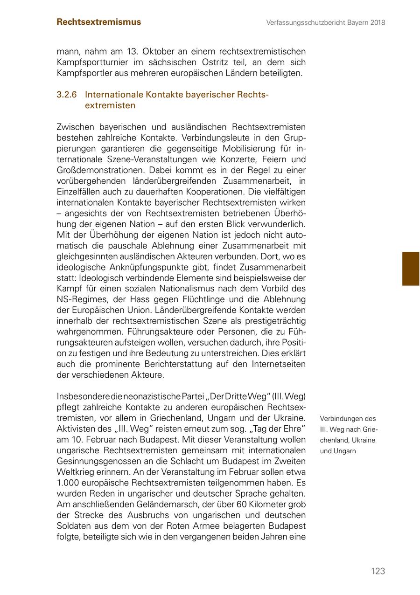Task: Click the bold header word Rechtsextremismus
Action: point(98,22)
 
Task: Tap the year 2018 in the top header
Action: point(376,22)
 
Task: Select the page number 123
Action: point(378,571)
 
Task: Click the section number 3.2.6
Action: point(66,95)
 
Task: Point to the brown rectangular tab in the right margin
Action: point(411,269)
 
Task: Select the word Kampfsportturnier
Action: point(91,62)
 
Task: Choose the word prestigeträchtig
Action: point(271,321)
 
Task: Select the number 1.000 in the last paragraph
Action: point(68,483)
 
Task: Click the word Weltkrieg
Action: point(75,472)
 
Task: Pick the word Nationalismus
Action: point(213,289)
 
